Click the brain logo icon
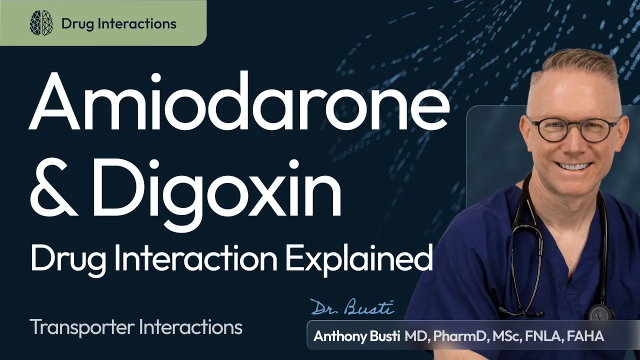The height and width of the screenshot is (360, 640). (41, 23)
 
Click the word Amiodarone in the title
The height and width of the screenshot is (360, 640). (239, 101)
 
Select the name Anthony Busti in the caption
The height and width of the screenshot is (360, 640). (356, 337)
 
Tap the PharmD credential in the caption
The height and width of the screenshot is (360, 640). (459, 336)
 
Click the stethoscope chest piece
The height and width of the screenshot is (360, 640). (601, 314)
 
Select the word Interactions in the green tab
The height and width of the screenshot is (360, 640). (137, 23)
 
